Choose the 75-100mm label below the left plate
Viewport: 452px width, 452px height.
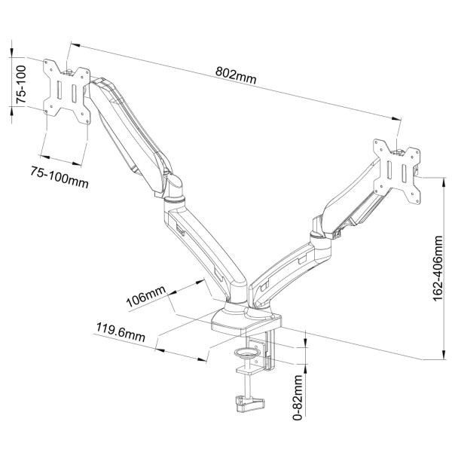pos(59,174)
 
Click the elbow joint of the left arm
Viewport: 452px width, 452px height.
pos(175,189)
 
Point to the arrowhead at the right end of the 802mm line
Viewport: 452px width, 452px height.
pos(398,118)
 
